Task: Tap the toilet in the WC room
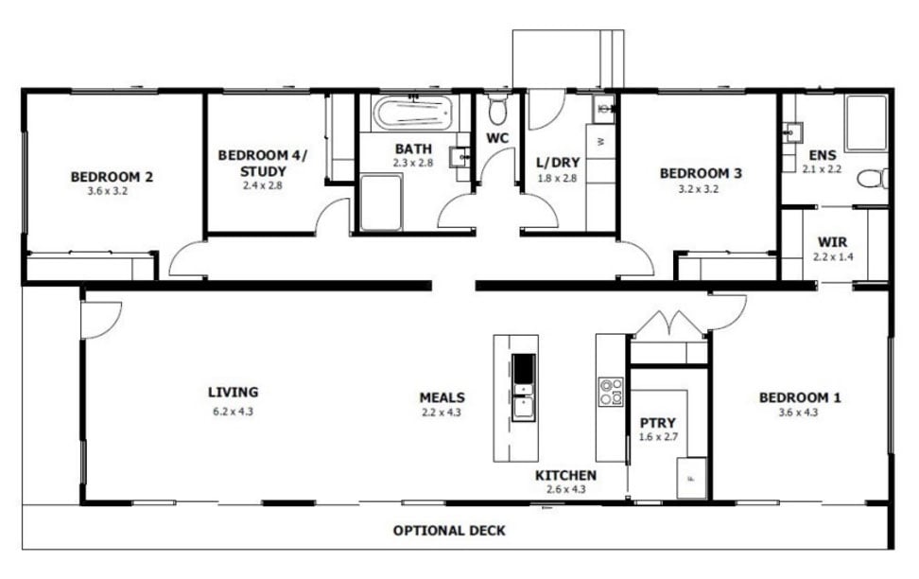(497, 107)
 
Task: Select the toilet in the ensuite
(873, 178)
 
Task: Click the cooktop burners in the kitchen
(611, 393)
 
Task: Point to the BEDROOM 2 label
(112, 177)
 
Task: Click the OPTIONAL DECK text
(449, 531)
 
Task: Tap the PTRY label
(658, 422)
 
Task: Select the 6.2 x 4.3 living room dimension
(233, 412)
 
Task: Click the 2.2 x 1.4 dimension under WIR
(832, 256)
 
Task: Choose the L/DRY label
(558, 162)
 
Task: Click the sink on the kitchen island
(524, 387)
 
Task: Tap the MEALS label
(442, 397)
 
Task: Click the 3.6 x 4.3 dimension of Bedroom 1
(798, 412)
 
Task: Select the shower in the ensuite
(866, 123)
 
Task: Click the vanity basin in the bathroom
(459, 157)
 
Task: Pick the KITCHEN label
(565, 475)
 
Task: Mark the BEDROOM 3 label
(701, 173)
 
